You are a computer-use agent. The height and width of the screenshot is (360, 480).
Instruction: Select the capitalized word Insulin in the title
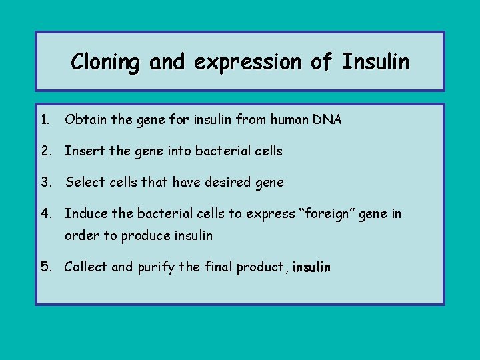[375, 62]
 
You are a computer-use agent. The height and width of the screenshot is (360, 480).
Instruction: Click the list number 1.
[44, 120]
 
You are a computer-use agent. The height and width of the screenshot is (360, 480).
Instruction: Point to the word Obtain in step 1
[83, 120]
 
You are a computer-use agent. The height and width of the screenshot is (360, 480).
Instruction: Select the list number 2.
[45, 151]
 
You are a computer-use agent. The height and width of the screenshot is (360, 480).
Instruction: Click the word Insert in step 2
[83, 151]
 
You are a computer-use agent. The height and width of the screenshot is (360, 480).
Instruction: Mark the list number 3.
[45, 182]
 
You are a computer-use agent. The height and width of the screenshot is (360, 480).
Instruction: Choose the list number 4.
[45, 213]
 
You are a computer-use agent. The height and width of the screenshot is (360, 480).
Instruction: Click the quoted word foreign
[333, 213]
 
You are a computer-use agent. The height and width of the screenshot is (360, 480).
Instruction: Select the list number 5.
[45, 267]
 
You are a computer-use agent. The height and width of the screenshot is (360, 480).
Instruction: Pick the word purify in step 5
[156, 267]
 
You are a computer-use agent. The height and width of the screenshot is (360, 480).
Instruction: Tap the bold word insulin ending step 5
[311, 267]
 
